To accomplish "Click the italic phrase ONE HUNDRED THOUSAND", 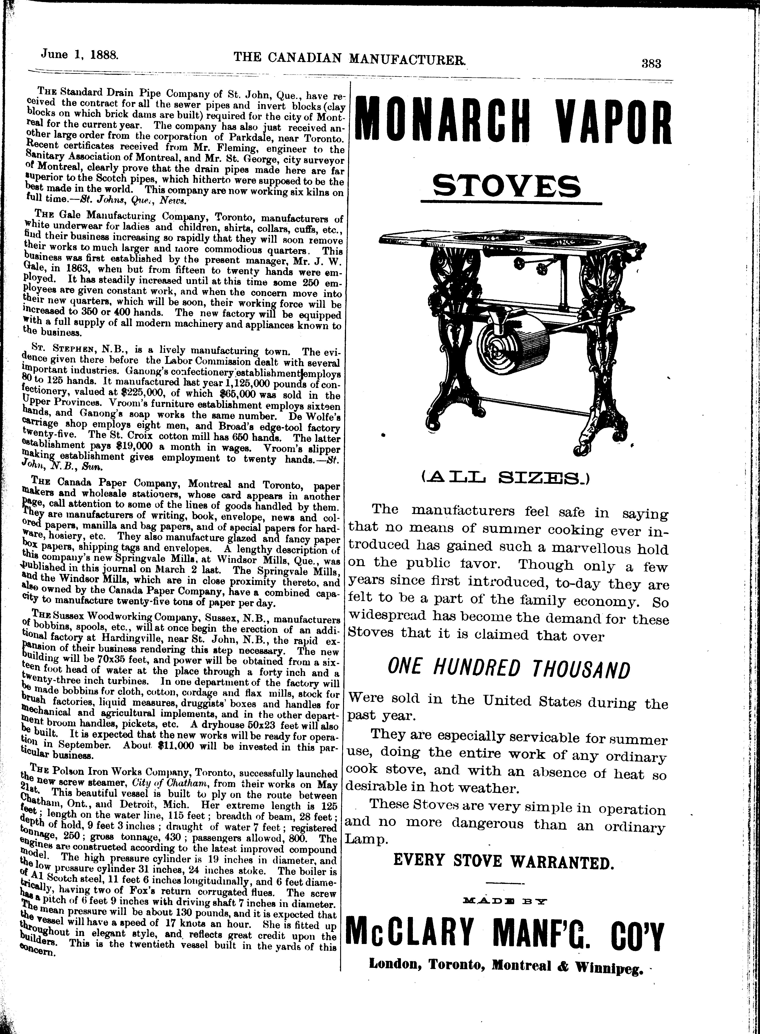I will click(508, 669).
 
